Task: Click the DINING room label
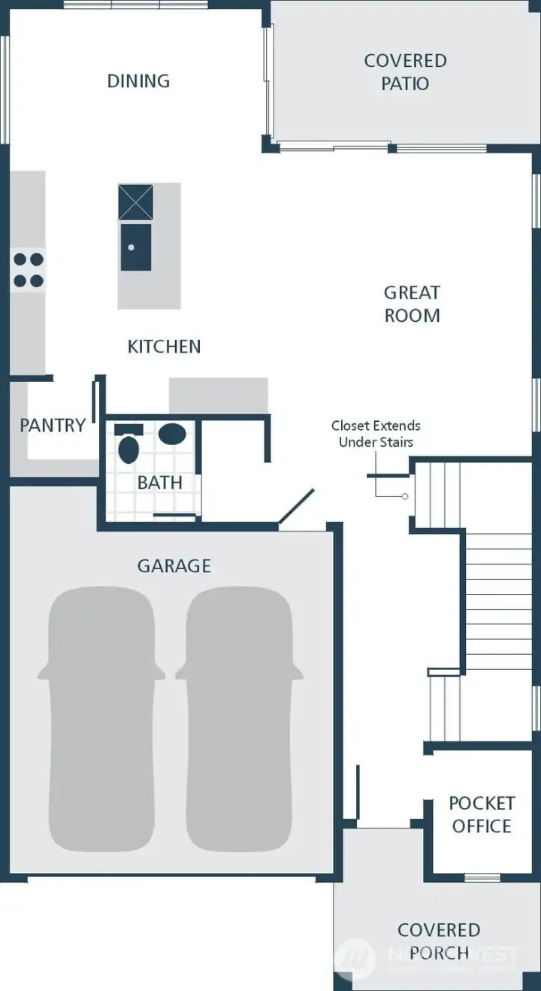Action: (x=138, y=81)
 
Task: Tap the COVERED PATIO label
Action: (x=405, y=71)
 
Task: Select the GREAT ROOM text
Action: (x=412, y=304)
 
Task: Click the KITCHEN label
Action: (x=164, y=347)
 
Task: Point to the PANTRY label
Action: (x=52, y=426)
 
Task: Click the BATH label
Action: (x=159, y=483)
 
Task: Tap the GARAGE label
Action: (x=174, y=565)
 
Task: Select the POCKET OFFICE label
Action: (x=481, y=815)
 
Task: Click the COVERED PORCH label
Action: (x=439, y=941)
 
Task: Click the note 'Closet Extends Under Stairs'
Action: (x=376, y=434)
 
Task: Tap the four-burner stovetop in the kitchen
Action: (x=28, y=270)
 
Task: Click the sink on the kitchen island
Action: (x=135, y=247)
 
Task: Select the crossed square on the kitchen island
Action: (x=135, y=202)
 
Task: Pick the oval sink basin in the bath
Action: (x=174, y=434)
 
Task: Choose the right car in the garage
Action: (x=239, y=718)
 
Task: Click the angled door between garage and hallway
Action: (x=297, y=508)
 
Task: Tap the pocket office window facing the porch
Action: (x=482, y=877)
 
